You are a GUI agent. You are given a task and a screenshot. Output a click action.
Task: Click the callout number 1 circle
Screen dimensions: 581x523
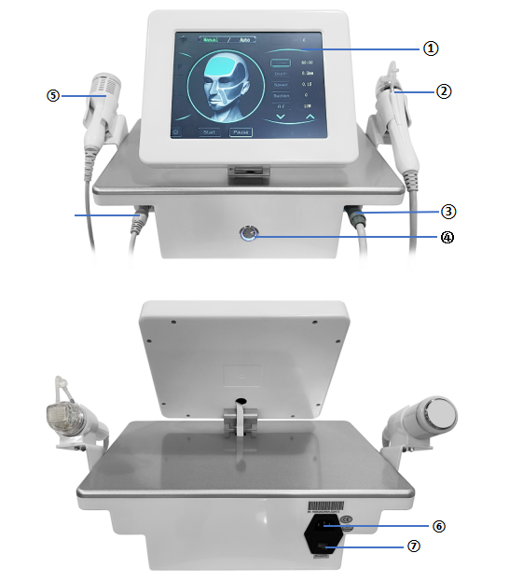pos(430,48)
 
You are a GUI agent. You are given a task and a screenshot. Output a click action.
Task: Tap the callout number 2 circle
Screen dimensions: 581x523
pos(444,91)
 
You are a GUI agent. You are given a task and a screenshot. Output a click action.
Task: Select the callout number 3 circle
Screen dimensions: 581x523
pos(447,212)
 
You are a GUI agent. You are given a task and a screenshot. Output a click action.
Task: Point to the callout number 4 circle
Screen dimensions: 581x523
pos(447,237)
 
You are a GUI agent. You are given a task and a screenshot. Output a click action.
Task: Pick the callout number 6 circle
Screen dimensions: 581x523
pos(438,525)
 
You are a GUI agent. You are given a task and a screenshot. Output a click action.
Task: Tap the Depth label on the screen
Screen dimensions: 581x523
pos(281,71)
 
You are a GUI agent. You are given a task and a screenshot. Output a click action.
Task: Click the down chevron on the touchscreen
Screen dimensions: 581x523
pos(281,118)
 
